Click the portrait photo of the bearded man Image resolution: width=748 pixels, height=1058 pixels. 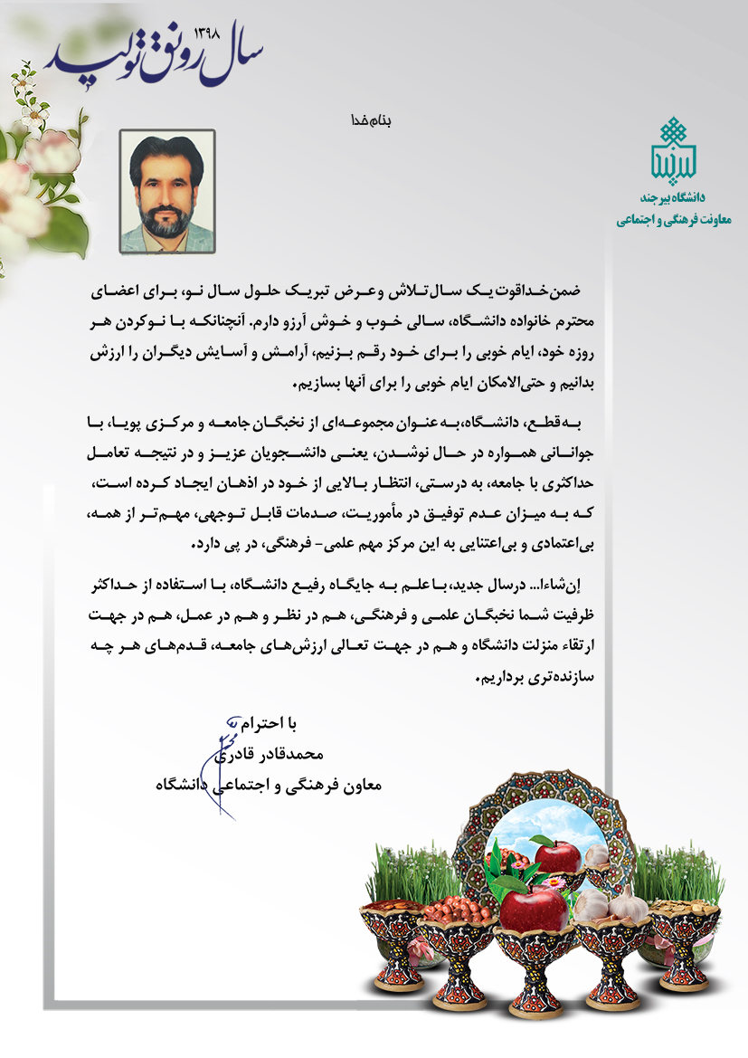pos(167,191)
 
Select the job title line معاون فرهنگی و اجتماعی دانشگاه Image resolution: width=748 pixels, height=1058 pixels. pos(269,786)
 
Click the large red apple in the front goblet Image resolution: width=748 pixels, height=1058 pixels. pos(535,908)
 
